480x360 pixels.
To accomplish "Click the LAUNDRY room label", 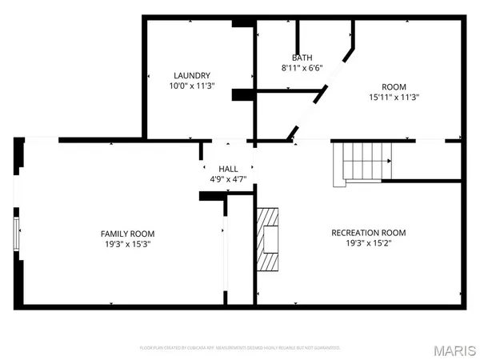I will [x=190, y=76].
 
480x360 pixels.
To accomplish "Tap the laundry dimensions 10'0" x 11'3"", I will [x=190, y=86].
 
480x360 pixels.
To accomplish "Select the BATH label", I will [x=302, y=58].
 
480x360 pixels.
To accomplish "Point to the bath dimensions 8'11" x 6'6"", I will [x=302, y=68].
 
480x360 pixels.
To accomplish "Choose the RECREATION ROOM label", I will [x=368, y=233].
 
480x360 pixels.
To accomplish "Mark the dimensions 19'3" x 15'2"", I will [x=368, y=243].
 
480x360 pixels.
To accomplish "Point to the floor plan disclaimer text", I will [x=240, y=348].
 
